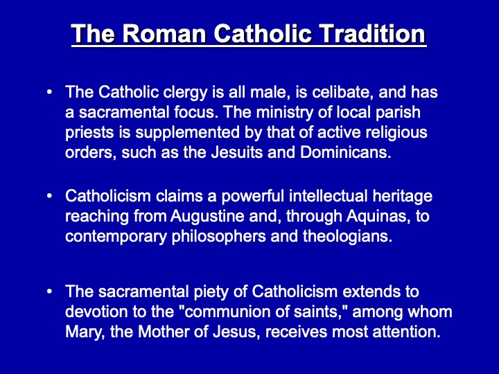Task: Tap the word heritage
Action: pyautogui.click(x=400, y=197)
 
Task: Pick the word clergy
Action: pyautogui.click(x=161, y=93)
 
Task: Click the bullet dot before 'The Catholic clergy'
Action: pyautogui.click(x=49, y=92)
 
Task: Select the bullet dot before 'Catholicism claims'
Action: pyautogui.click(x=49, y=196)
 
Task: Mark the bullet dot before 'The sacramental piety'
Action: pyautogui.click(x=49, y=292)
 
